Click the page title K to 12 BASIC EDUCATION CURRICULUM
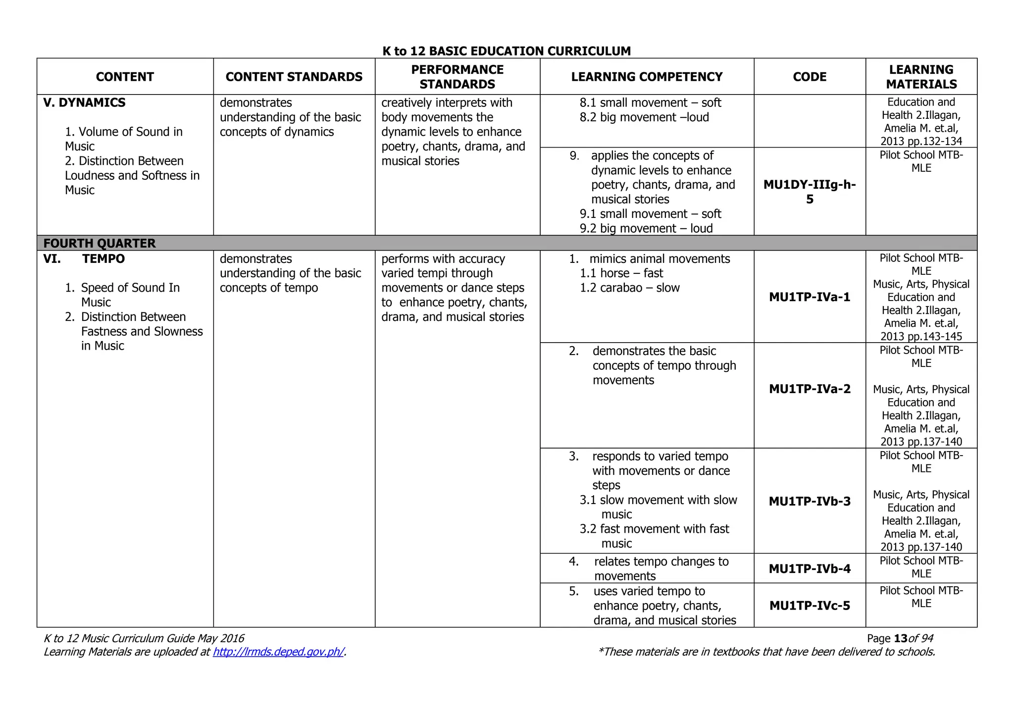click(507, 51)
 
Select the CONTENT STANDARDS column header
click(294, 77)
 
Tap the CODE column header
click(810, 77)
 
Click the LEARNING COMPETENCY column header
click(647, 77)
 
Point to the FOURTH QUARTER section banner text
click(100, 243)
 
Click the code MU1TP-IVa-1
click(810, 297)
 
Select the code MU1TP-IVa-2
click(810, 389)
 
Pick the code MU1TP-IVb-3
click(810, 501)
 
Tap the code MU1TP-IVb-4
click(810, 568)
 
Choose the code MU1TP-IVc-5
click(810, 606)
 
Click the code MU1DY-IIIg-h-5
click(810, 192)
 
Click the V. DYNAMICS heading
click(84, 102)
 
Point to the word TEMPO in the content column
click(103, 259)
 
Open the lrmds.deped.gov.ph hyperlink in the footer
click(278, 652)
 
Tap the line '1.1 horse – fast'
click(621, 273)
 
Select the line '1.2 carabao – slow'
click(630, 288)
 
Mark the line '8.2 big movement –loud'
click(644, 117)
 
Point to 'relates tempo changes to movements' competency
click(660, 568)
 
